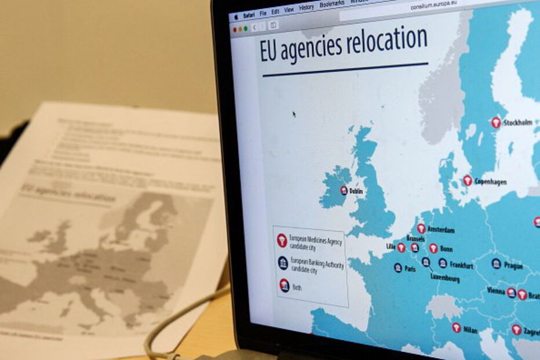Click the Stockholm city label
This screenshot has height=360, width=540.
[x=517, y=123]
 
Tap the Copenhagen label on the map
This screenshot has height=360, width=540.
[x=490, y=181]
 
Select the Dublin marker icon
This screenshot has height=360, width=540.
[x=344, y=190]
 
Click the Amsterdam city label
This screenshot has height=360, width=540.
[x=440, y=230]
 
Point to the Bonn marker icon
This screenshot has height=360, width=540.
[x=433, y=248]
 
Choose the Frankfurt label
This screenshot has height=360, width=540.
[x=461, y=266]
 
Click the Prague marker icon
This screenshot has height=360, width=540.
[x=496, y=264]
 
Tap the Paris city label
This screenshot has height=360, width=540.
[x=410, y=269]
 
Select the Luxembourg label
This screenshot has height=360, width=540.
[x=445, y=278]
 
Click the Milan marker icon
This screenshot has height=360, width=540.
[x=456, y=328]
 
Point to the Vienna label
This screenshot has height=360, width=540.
[x=496, y=290]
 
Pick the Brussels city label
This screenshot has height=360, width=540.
[x=415, y=238]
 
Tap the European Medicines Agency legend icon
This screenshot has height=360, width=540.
[x=282, y=240]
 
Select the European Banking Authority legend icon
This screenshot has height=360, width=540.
[x=283, y=263]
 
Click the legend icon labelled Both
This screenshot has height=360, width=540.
[x=284, y=285]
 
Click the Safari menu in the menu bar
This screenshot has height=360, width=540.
[x=249, y=14]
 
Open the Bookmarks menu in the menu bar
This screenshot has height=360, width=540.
[x=331, y=4]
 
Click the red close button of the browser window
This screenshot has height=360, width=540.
[x=235, y=29]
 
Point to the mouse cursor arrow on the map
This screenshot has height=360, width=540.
[x=294, y=114]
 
